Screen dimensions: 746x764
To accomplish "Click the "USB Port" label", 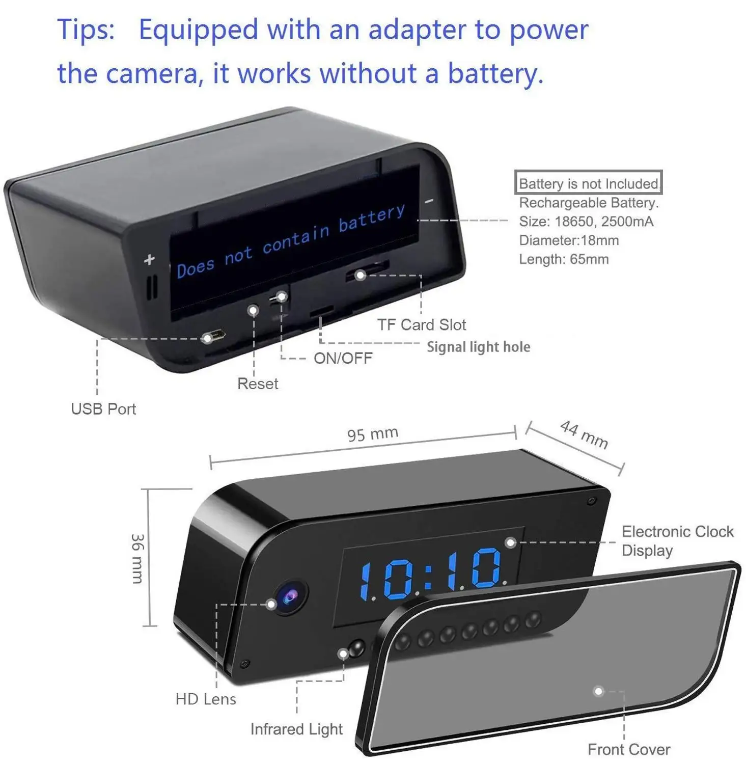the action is pos(103,409).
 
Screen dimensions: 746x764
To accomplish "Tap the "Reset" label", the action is pos(258,384).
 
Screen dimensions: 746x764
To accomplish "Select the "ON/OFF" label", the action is pos(343,358).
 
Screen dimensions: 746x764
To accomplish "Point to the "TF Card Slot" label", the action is pos(422,324).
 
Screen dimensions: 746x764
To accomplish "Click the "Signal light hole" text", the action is pos(478,347).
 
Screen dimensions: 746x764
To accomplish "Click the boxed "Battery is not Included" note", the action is pos(588,183).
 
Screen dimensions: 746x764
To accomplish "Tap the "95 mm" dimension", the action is pos(372,434).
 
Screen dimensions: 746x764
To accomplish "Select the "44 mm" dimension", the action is pos(584,434).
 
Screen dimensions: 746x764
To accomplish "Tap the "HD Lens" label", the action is pos(206,699).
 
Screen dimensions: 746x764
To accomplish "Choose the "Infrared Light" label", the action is pos(296,729).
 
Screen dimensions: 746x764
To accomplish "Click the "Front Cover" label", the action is pos(628,749).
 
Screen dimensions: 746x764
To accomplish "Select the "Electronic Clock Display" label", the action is pos(677,541).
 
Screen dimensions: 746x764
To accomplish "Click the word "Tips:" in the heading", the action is pos(86,30).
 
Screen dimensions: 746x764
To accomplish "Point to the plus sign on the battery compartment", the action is pos(149,259).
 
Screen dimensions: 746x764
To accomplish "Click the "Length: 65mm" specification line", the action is pos(564,259).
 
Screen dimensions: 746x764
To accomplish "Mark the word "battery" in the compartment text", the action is pos(372,218).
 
